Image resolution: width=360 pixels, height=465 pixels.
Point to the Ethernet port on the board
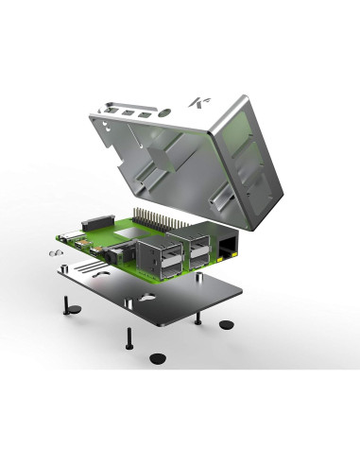tap(228, 249)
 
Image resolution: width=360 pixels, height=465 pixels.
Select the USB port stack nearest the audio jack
tap(153, 259)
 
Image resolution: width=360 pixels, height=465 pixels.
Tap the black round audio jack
tap(116, 252)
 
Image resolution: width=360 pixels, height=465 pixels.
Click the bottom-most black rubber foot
tap(156, 358)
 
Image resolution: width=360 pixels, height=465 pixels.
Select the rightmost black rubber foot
tap(227, 325)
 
